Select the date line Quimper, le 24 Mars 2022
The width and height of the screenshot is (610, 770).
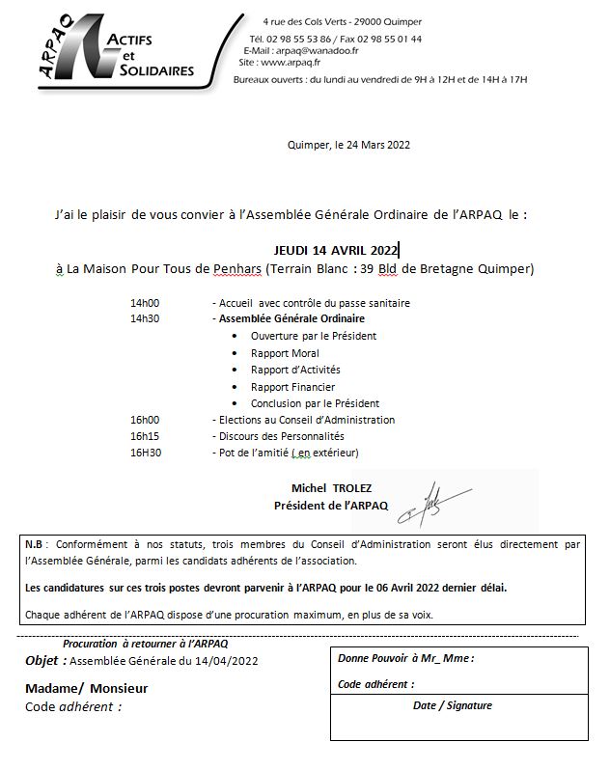coord(349,145)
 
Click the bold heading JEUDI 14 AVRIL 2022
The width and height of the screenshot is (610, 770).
coord(335,249)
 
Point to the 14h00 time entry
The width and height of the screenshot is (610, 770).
coord(145,303)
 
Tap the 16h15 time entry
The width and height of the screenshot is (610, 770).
coord(145,436)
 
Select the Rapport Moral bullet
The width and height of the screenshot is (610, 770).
coord(285,353)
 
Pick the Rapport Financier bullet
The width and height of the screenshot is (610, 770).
coord(292,387)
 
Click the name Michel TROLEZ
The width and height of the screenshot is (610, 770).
coord(330,489)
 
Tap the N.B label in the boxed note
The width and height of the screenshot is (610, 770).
coord(35,545)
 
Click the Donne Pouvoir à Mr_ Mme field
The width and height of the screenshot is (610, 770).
coord(405,659)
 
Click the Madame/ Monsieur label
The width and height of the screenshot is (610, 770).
coord(86,688)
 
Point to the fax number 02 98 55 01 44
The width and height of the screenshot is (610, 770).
coord(388,40)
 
